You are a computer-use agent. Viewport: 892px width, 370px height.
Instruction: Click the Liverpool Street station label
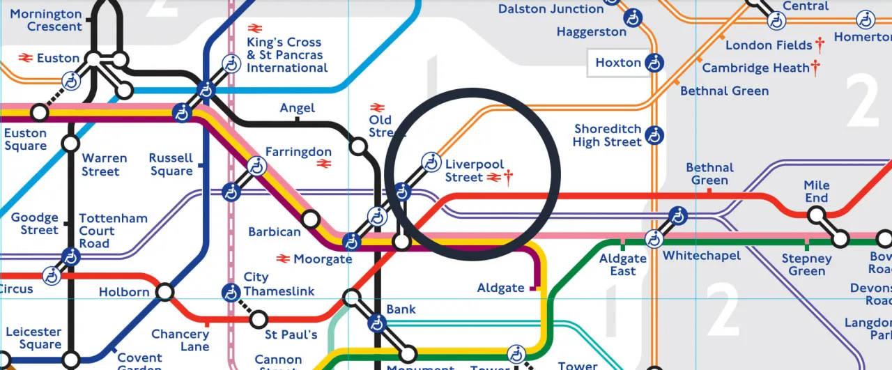[474, 171]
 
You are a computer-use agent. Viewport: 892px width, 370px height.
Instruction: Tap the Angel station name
[297, 108]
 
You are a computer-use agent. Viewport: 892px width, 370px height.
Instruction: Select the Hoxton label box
[617, 63]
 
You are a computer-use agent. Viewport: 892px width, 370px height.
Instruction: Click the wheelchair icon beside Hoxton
[654, 63]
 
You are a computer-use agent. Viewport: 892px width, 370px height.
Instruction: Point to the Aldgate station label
[500, 288]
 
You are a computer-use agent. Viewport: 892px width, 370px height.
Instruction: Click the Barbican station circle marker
[311, 220]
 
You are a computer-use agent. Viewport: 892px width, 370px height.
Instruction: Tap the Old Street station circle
[358, 146]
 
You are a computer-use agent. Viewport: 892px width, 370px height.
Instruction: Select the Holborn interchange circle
[165, 292]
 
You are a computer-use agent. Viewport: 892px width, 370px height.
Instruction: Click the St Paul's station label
[291, 335]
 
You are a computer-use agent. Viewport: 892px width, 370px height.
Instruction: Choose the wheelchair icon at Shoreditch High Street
[654, 135]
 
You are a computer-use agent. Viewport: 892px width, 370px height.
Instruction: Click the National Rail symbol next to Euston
[26, 58]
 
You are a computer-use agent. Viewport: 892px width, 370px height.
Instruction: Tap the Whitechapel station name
[701, 256]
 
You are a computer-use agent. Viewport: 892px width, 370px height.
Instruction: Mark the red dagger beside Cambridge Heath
[815, 68]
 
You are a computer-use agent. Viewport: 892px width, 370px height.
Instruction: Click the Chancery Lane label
[180, 340]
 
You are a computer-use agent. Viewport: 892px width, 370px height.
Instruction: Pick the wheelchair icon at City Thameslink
[231, 292]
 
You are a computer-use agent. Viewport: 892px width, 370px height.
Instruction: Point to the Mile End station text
[817, 192]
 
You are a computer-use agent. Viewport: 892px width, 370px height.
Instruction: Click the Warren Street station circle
[70, 144]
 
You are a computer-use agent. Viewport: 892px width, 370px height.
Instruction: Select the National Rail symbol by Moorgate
[283, 259]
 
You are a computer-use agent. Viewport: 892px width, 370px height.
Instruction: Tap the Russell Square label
[171, 164]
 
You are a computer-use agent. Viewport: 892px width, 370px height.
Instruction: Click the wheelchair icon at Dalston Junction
[633, 18]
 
